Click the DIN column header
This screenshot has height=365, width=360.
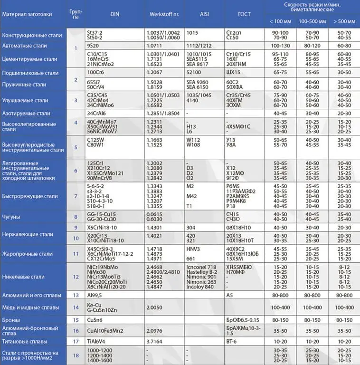114,14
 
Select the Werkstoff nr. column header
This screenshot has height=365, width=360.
164,14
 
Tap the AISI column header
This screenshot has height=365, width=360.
204,14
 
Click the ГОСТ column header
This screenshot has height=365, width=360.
244,14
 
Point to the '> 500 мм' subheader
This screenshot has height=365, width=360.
343,21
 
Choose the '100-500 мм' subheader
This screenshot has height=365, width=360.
311,21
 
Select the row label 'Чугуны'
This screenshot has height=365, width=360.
11,217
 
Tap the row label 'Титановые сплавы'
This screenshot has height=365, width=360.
25,342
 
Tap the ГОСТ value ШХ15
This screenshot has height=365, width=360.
234,73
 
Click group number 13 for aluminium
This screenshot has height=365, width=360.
76,295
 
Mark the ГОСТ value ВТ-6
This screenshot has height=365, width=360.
232,342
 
